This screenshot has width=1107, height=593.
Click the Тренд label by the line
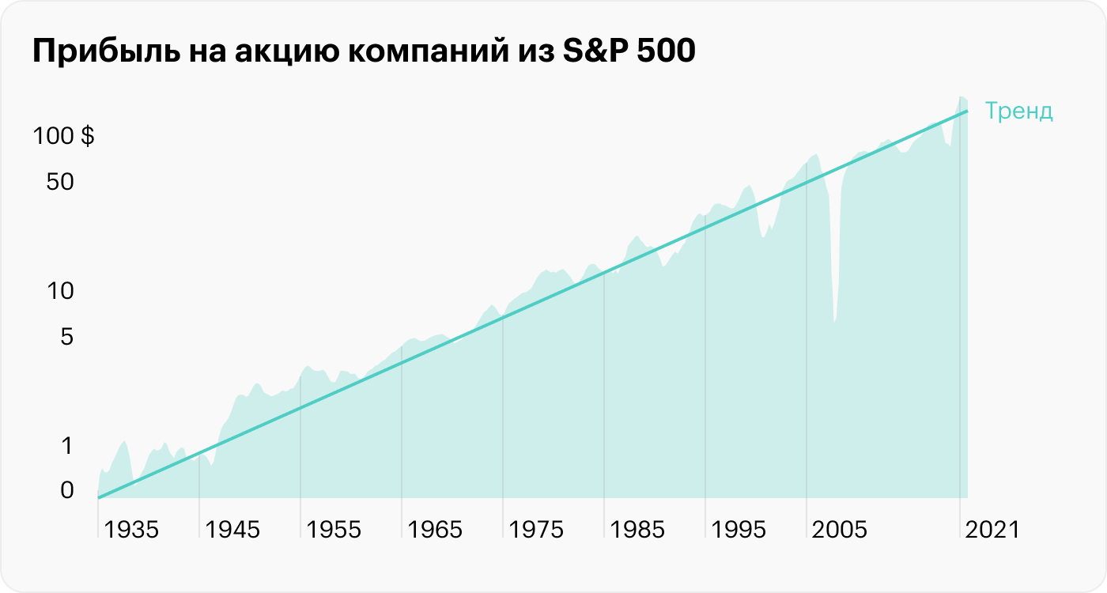1018,111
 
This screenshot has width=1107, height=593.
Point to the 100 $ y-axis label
63,137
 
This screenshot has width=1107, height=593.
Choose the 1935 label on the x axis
131,530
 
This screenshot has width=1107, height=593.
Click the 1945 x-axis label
232,530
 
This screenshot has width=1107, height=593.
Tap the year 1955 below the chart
334,530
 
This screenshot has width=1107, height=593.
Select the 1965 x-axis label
435,530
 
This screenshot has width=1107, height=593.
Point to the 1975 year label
536,530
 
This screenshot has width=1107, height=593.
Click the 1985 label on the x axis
637,530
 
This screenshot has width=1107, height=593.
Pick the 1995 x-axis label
739,530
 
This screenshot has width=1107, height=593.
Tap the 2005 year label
840,530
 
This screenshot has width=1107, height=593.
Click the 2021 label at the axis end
992,530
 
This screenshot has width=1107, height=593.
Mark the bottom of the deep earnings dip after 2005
834,320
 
